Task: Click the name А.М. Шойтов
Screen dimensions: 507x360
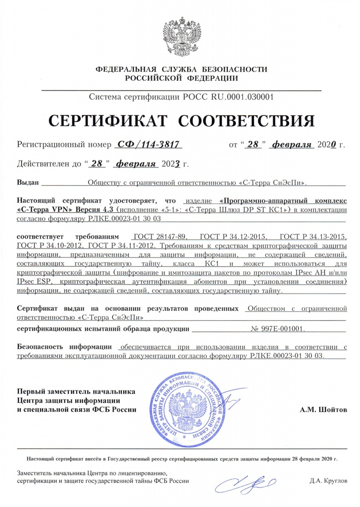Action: pos(324,410)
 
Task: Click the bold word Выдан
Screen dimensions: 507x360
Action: pos(28,182)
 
